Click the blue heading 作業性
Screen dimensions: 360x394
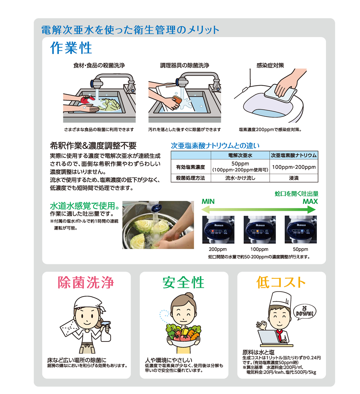coord(71,48)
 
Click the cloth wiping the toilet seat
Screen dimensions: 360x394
coord(280,93)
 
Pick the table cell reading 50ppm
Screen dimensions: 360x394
coord(240,164)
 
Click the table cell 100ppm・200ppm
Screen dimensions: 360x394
coord(294,167)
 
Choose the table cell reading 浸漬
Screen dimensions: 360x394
coord(294,178)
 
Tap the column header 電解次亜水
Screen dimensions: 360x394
coord(240,155)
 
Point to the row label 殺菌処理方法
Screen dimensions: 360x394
coord(190,178)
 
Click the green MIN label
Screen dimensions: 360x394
coord(208,202)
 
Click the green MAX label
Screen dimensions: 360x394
coord(310,202)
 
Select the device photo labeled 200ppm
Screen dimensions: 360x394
coord(218,230)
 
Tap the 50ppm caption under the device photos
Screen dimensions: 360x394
coord(300,249)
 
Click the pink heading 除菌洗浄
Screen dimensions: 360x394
coord(86,283)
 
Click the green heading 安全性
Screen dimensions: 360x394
coord(183,283)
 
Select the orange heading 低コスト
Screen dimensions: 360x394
coord(281,283)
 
